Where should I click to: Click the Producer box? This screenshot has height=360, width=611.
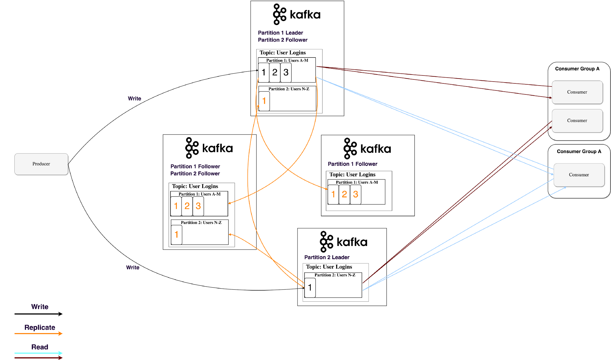click(x=41, y=164)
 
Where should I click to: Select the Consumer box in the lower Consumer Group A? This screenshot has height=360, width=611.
click(x=579, y=175)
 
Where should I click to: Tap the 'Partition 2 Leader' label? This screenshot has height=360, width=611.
click(x=327, y=257)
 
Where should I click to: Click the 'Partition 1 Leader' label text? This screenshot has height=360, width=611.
click(x=280, y=33)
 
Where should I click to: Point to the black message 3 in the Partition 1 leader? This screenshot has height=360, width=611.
click(x=286, y=72)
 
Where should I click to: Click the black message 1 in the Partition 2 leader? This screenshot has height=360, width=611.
click(x=310, y=288)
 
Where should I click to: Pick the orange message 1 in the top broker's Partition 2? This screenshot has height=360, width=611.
click(x=264, y=101)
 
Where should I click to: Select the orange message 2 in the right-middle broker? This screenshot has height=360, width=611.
click(x=344, y=194)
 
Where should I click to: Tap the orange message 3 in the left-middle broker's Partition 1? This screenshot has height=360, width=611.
click(x=198, y=206)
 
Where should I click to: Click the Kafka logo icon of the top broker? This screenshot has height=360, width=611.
click(x=279, y=14)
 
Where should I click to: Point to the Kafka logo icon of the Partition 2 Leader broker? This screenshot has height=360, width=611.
click(x=326, y=242)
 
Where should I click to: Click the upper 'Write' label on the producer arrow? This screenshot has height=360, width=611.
click(x=134, y=98)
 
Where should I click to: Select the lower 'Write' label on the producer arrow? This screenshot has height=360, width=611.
click(x=133, y=267)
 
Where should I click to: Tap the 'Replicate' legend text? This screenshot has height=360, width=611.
click(x=40, y=327)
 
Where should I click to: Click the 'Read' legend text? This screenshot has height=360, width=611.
click(x=40, y=347)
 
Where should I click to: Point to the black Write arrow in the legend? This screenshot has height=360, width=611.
click(x=38, y=314)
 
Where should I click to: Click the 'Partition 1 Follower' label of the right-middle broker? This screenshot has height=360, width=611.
click(x=352, y=164)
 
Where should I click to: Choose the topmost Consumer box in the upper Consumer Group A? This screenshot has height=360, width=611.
click(x=577, y=92)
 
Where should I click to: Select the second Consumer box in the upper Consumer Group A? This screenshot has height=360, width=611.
click(x=577, y=121)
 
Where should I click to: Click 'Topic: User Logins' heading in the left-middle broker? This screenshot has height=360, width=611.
click(x=195, y=186)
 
